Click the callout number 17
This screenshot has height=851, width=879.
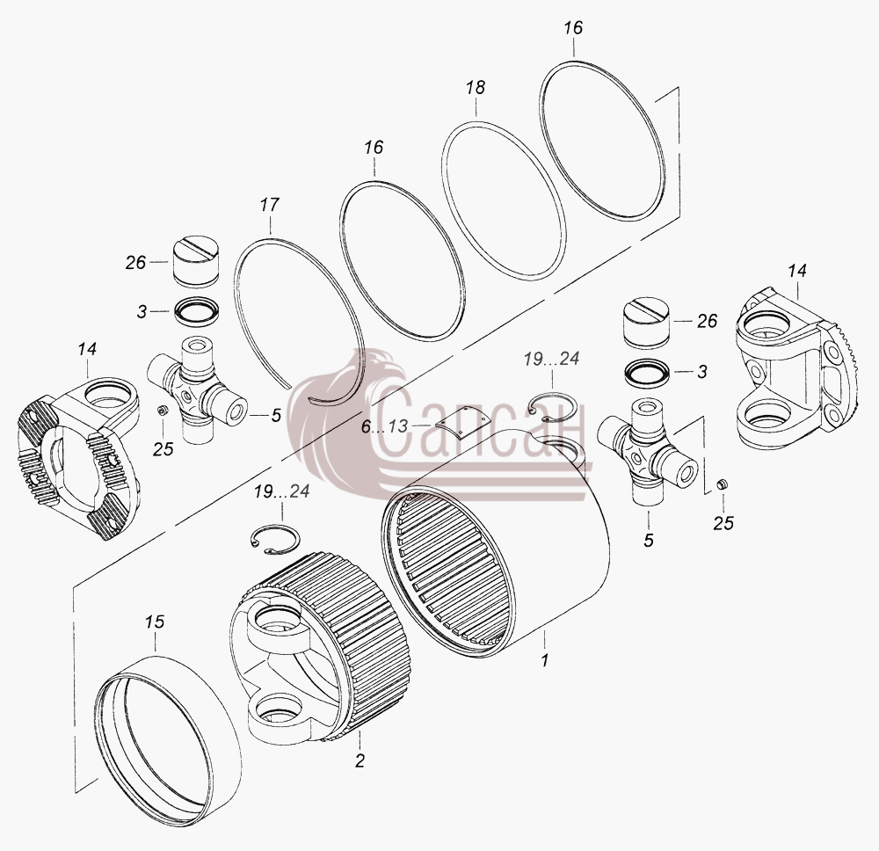[x=269, y=205]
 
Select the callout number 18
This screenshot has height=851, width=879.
[x=476, y=87]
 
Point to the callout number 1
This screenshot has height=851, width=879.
[x=544, y=660]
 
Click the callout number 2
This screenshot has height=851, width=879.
[x=360, y=760]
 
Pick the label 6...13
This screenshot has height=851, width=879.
[x=385, y=426]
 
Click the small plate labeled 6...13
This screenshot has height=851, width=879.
[x=459, y=423]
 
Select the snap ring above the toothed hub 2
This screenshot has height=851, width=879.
[x=274, y=540]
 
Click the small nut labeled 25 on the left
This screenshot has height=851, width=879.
[x=163, y=411]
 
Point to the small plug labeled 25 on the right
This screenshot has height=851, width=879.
[x=722, y=484]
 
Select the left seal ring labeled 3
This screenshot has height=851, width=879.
[x=197, y=310]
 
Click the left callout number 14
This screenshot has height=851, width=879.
[x=87, y=349]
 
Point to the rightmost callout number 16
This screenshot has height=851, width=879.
[x=573, y=28]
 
